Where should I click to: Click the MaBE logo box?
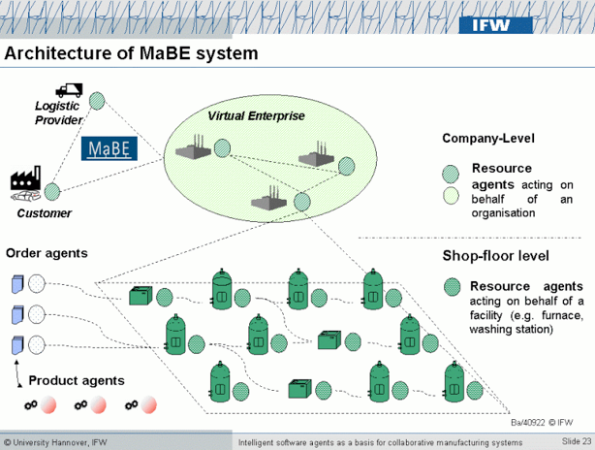110,147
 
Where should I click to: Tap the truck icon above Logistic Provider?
68,90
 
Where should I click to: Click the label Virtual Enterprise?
256,116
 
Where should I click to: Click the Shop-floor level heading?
496,256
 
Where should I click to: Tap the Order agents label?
47,253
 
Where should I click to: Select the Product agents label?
76,380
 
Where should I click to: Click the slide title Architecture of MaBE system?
132,52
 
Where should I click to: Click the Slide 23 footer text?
576,442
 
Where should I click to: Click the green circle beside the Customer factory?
52,191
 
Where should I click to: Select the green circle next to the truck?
97,99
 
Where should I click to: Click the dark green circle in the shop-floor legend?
451,287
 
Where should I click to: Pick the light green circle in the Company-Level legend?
450,196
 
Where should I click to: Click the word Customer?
45,213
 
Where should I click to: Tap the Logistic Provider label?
59,113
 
